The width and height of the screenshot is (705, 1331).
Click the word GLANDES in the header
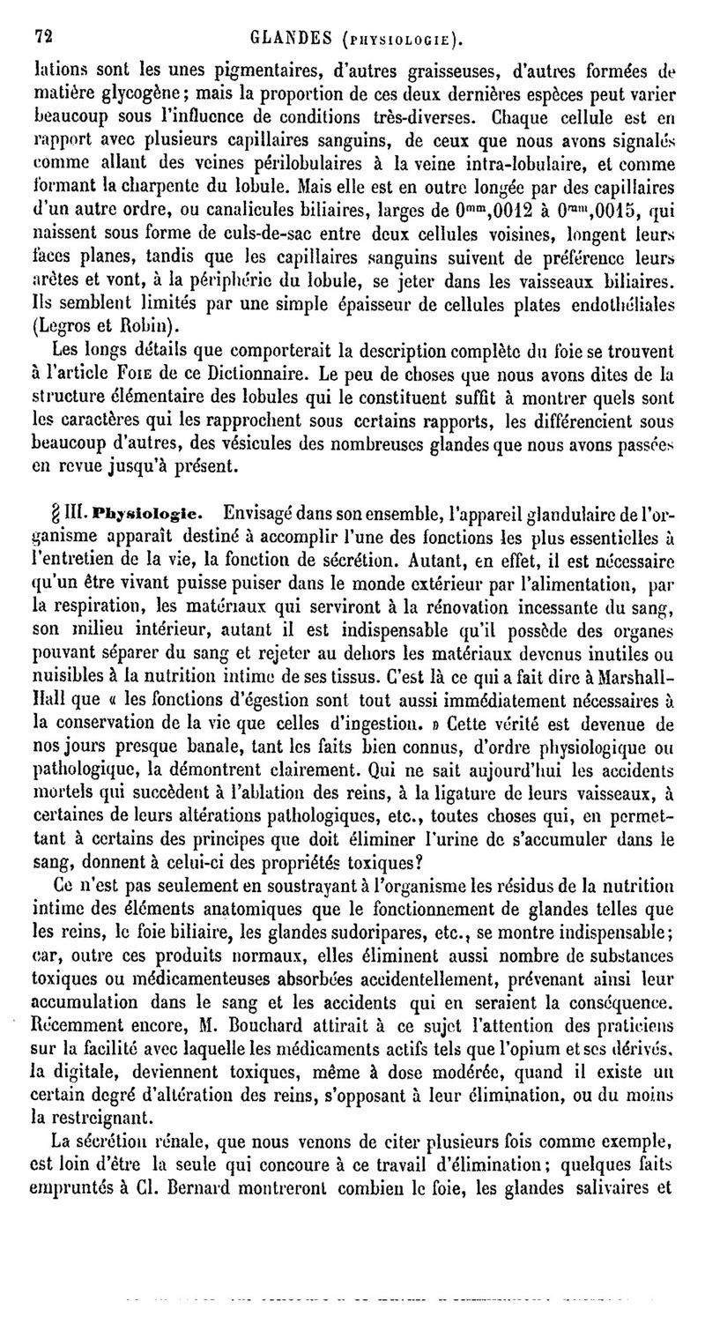coord(291,37)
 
